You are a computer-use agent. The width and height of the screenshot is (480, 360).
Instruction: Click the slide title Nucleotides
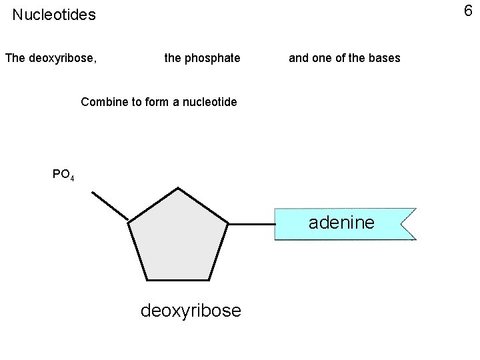54,15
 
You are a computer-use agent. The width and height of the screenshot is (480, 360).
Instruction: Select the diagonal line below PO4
109,205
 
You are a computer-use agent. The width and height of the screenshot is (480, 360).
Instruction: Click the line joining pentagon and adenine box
251,223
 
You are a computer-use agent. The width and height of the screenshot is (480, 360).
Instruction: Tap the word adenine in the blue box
341,223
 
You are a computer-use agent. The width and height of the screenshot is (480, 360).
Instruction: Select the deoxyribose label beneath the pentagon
191,311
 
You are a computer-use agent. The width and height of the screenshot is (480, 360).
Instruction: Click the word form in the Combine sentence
157,102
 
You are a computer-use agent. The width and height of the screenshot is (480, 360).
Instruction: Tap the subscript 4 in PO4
72,178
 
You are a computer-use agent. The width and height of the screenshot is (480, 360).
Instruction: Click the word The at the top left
15,58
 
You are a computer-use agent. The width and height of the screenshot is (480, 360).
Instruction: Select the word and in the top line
299,58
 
